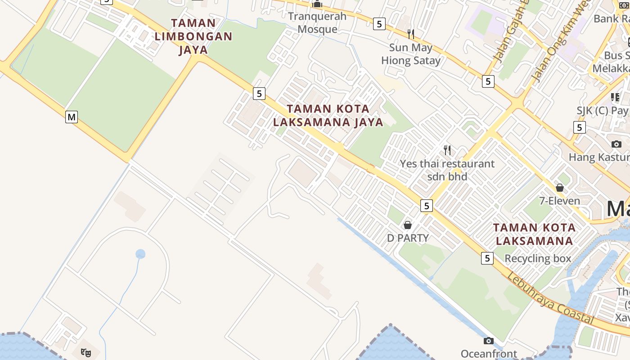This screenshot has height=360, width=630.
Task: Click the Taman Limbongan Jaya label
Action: [193, 36]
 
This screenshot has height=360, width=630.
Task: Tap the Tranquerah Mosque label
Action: [317, 22]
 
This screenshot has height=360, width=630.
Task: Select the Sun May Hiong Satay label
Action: [411, 54]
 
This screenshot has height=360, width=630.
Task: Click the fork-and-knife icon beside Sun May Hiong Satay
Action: [410, 34]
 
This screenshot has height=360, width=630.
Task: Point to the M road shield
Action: [72, 117]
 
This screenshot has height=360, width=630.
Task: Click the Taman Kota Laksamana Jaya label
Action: [328, 115]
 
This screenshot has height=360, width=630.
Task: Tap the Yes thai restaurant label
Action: [447, 170]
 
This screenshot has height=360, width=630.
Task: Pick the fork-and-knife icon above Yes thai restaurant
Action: [447, 149]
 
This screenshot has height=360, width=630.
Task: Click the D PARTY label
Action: [408, 238]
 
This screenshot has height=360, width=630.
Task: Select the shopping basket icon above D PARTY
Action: [408, 225]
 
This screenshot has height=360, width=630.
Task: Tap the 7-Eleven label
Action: [560, 201]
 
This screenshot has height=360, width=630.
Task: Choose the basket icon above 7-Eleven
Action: [560, 188]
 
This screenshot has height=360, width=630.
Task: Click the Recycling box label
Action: [538, 258]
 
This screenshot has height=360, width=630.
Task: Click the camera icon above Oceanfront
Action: [489, 341]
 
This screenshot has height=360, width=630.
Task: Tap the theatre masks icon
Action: [85, 352]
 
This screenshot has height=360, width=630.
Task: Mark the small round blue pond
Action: [140, 254]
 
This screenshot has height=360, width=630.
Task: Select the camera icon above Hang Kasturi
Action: [616, 144]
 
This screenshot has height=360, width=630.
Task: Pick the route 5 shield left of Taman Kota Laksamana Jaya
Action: [259, 94]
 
